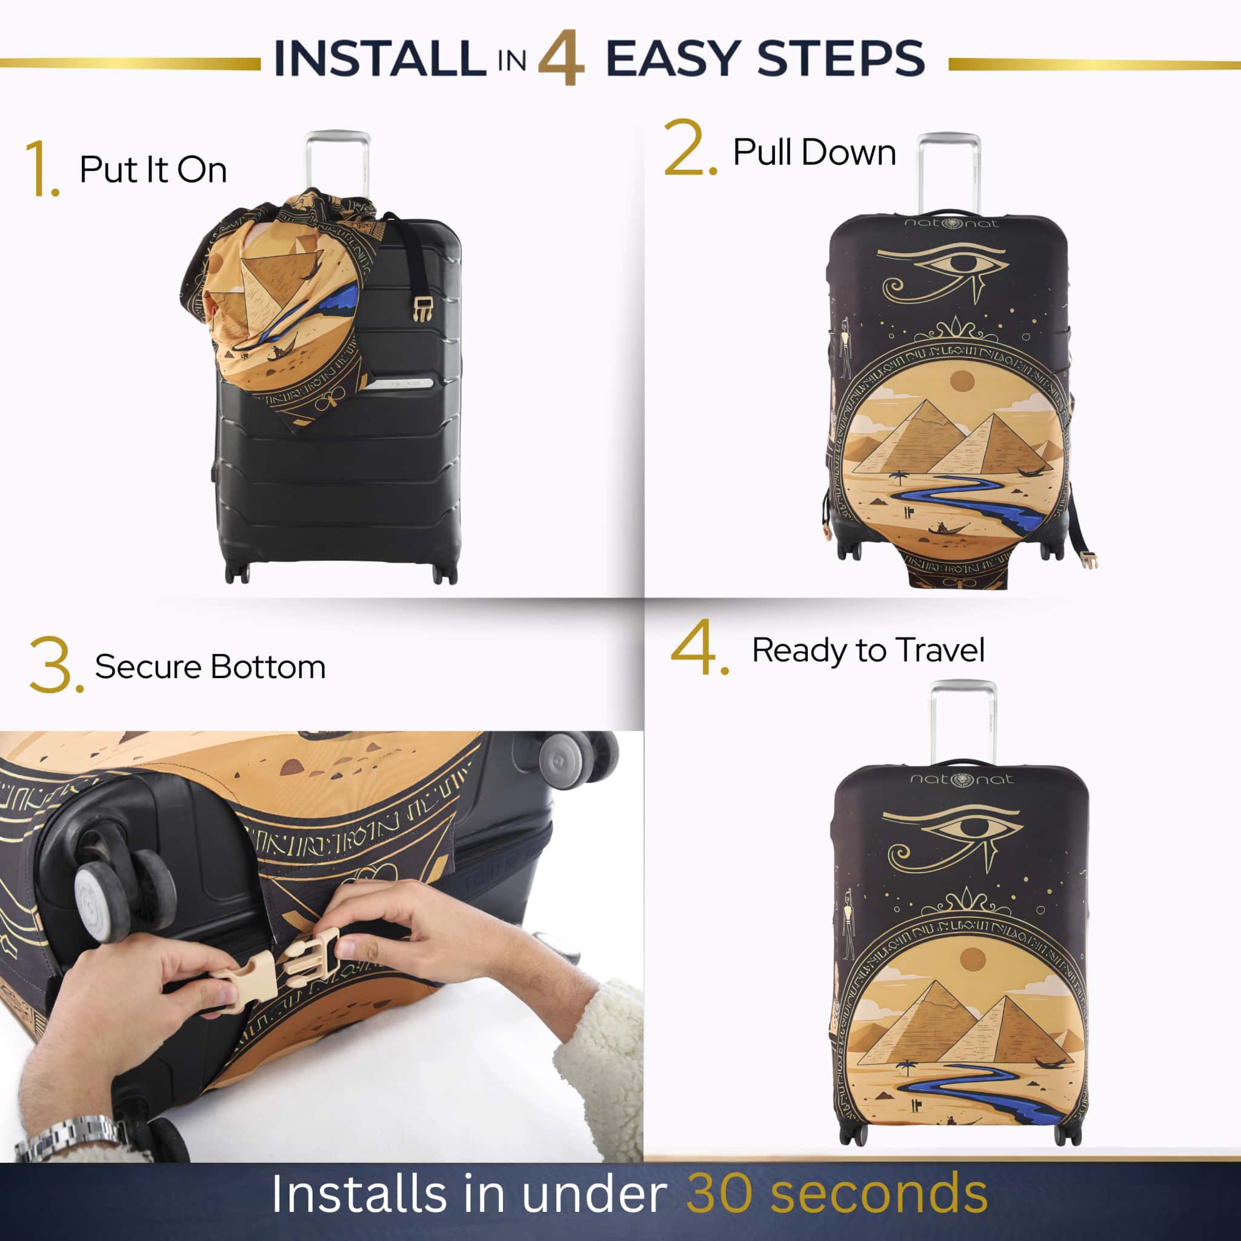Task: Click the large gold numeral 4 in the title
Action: point(561,58)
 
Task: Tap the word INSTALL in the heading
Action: point(379,58)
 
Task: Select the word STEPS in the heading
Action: point(842,58)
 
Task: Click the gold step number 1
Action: point(42,169)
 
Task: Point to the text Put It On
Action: point(153,170)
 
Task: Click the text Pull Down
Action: point(814,153)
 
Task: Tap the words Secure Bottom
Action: point(211,667)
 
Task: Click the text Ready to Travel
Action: point(868,651)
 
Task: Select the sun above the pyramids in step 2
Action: point(962,381)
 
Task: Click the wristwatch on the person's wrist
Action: point(71,1138)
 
